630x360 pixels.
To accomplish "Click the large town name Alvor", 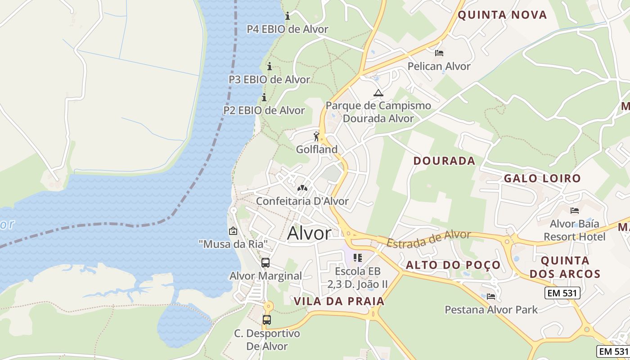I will pos(309,233).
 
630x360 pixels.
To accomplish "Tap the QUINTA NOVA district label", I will pos(502,15).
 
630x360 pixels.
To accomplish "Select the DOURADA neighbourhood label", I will pos(444,161).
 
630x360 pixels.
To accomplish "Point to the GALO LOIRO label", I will pos(542,178).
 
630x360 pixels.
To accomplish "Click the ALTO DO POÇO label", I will pos(453,265).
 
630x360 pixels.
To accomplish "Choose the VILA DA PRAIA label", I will pos(339,301).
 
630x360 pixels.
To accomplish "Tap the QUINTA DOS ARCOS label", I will pos(565,267).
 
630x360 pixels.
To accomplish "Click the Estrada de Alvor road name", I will pos(428,239).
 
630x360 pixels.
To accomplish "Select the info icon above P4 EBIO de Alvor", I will pos(288,17).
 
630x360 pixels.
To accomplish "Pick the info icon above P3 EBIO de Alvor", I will pos(270,67).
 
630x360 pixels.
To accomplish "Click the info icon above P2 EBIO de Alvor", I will pos(264,97).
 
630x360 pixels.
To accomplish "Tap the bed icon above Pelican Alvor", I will pos(439,53).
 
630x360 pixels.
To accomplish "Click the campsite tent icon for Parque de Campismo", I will pos(378,93).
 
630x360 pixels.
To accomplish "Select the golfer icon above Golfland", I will pos(317,136).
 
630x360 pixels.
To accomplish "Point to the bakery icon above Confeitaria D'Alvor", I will pos(302,188).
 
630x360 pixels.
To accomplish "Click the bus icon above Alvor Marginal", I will pos(265,263).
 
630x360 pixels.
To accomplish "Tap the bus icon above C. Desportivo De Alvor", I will pos(267,320).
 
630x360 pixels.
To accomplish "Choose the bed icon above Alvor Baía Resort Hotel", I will pos(574,210).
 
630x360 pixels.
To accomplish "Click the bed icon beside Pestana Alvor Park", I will pos(491,296).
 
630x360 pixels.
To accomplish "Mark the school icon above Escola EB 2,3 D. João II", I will pos(358,258).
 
